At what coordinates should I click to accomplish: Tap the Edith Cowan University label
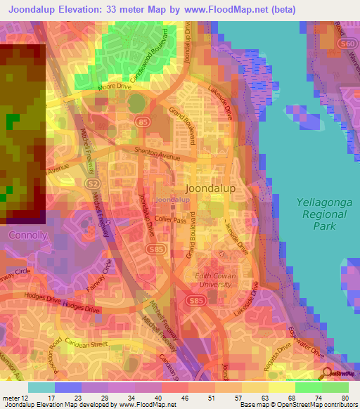point(215,280)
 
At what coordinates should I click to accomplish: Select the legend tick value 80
point(345,398)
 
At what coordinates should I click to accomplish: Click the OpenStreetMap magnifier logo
point(326,372)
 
